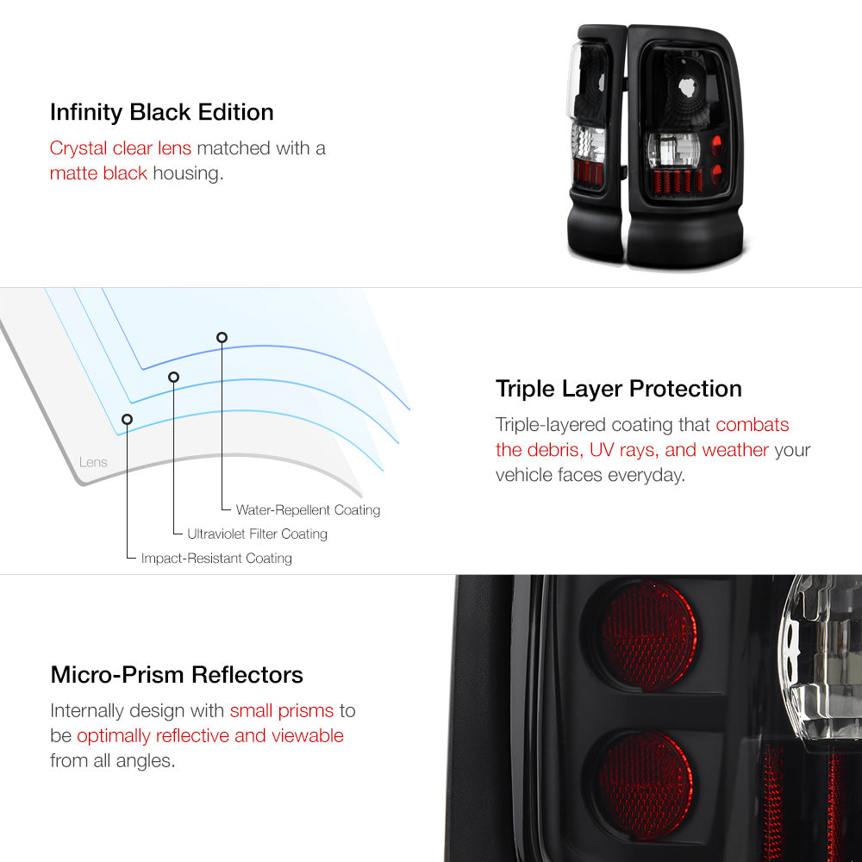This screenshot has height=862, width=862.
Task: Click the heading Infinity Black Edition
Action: [162, 113]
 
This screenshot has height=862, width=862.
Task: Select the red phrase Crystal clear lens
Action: [121, 148]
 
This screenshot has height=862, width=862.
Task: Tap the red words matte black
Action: [98, 173]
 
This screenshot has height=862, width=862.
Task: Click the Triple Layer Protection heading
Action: [618, 390]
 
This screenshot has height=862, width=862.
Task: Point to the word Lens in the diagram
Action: [93, 462]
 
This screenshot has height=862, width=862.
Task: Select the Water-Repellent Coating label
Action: [308, 510]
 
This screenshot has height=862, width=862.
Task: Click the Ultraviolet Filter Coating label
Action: [257, 534]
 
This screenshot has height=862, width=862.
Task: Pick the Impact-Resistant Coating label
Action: [216, 559]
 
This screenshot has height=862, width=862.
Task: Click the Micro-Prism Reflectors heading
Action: [177, 675]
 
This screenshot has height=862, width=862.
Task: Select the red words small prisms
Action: [282, 711]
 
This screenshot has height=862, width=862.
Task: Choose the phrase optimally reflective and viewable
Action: [210, 736]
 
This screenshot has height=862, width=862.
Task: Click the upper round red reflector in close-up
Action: [648, 636]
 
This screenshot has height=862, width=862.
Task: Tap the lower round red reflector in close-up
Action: [646, 785]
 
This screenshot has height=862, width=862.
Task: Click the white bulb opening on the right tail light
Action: [688, 87]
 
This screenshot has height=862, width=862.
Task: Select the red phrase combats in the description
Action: [752, 425]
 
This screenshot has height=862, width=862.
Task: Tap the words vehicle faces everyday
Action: [590, 475]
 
